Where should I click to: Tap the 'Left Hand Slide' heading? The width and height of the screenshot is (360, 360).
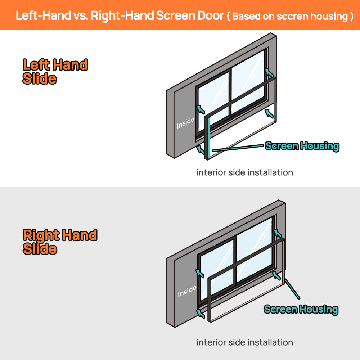tap(55, 71)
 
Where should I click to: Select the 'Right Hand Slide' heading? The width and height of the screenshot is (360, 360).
tap(60, 242)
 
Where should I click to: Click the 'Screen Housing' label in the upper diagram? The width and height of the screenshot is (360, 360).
tap(302, 146)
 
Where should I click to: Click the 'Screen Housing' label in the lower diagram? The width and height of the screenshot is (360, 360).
tap(301, 309)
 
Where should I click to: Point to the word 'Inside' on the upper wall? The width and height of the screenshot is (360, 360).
tap(186, 123)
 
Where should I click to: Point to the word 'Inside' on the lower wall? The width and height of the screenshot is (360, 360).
tap(187, 291)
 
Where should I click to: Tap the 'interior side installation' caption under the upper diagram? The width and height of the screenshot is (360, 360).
tap(244, 172)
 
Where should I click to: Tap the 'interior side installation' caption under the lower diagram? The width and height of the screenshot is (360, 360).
tap(244, 342)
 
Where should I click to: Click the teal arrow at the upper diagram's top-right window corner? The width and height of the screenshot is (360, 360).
tap(269, 73)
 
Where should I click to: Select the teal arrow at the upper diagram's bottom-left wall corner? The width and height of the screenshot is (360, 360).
tap(201, 149)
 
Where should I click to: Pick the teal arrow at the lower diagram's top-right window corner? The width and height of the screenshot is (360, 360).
tap(278, 233)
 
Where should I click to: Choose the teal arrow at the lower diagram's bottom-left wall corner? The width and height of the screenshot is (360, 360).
tap(201, 314)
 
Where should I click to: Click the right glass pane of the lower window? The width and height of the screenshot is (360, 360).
tap(254, 251)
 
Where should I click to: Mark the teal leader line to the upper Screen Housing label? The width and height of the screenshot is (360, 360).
tap(238, 148)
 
